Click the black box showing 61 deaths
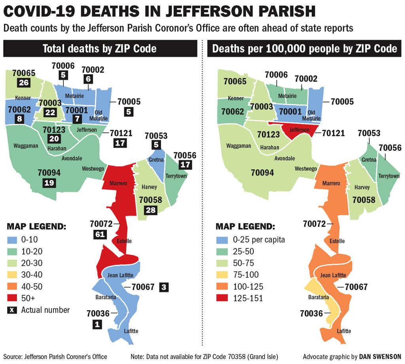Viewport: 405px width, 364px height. pyautogui.click(x=100, y=234)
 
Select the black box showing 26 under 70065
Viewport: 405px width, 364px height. pyautogui.click(x=23, y=82)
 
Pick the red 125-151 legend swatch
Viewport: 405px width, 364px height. pyautogui.click(x=222, y=298)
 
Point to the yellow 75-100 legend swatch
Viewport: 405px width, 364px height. pyautogui.click(x=222, y=275)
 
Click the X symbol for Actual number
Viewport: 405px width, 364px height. pyautogui.click(x=12, y=310)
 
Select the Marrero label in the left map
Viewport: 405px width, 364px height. pyautogui.click(x=119, y=183)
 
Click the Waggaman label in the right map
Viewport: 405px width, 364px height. pyautogui.click(x=239, y=146)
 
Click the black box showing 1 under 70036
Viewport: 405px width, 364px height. pyautogui.click(x=97, y=324)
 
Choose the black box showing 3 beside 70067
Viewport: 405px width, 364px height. pyautogui.click(x=164, y=288)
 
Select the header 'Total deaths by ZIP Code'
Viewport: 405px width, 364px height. pyautogui.click(x=100, y=49)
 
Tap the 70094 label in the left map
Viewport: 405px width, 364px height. pyautogui.click(x=49, y=173)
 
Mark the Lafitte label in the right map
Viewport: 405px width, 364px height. pyautogui.click(x=344, y=331)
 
